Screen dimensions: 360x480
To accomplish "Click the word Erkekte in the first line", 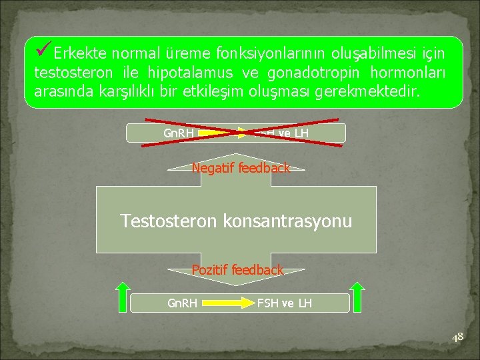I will click(81, 53).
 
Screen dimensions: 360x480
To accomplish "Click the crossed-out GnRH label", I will click(179, 133).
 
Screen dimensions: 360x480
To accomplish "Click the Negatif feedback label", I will click(241, 169).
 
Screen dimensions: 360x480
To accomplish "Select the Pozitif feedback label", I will click(237, 270).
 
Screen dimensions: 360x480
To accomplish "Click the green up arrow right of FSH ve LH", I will click(357, 297).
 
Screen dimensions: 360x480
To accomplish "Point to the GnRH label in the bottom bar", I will click(182, 304).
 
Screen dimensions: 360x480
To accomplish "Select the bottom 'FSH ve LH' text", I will click(284, 304).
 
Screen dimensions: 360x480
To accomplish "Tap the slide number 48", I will click(457, 338).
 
